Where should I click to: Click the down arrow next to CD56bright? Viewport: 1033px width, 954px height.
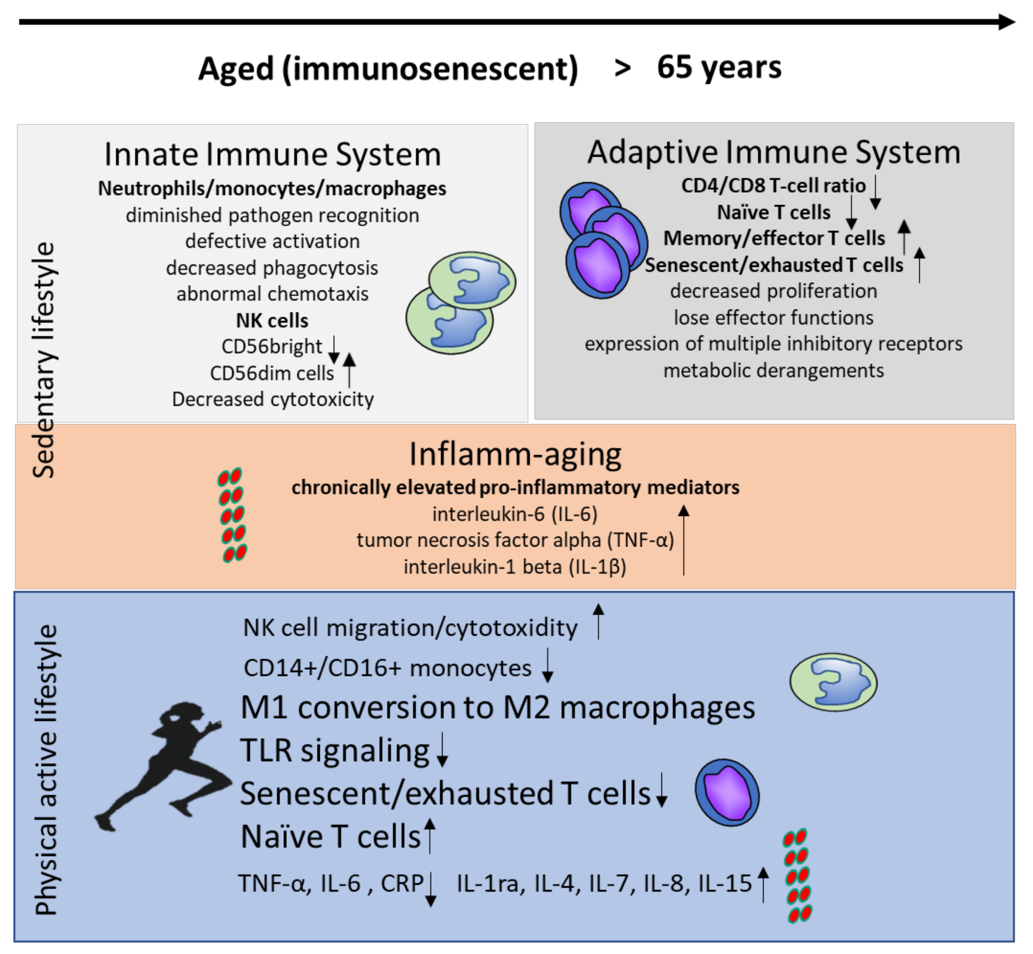tap(334, 350)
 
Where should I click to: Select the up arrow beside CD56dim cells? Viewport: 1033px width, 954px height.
tap(350, 369)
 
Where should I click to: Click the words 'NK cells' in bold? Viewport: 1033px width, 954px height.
tap(272, 321)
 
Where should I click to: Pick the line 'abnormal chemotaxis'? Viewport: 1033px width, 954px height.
tap(272, 294)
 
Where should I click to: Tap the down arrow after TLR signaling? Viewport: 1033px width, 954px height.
tap(442, 750)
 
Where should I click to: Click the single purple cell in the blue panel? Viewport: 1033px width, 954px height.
tap(727, 792)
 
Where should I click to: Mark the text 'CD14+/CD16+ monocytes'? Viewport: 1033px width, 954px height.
tap(387, 668)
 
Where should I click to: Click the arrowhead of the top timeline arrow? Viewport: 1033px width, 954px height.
tap(1006, 22)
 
